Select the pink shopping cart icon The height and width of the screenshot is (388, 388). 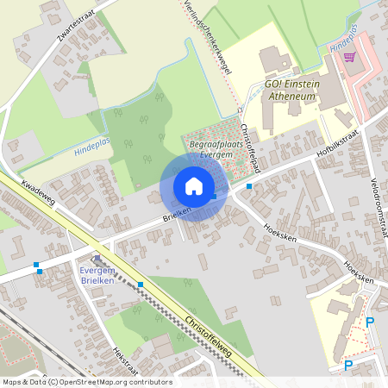pyautogui.click(x=349, y=57)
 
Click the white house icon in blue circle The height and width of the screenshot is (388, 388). pyautogui.click(x=194, y=186)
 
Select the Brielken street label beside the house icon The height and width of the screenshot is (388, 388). pyautogui.click(x=175, y=215)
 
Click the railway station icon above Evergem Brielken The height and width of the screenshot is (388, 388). pyautogui.click(x=97, y=258)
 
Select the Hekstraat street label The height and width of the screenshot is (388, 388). pyautogui.click(x=126, y=363)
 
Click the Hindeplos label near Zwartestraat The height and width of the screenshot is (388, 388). pyautogui.click(x=93, y=148)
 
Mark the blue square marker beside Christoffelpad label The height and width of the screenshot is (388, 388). pyautogui.click(x=249, y=185)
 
